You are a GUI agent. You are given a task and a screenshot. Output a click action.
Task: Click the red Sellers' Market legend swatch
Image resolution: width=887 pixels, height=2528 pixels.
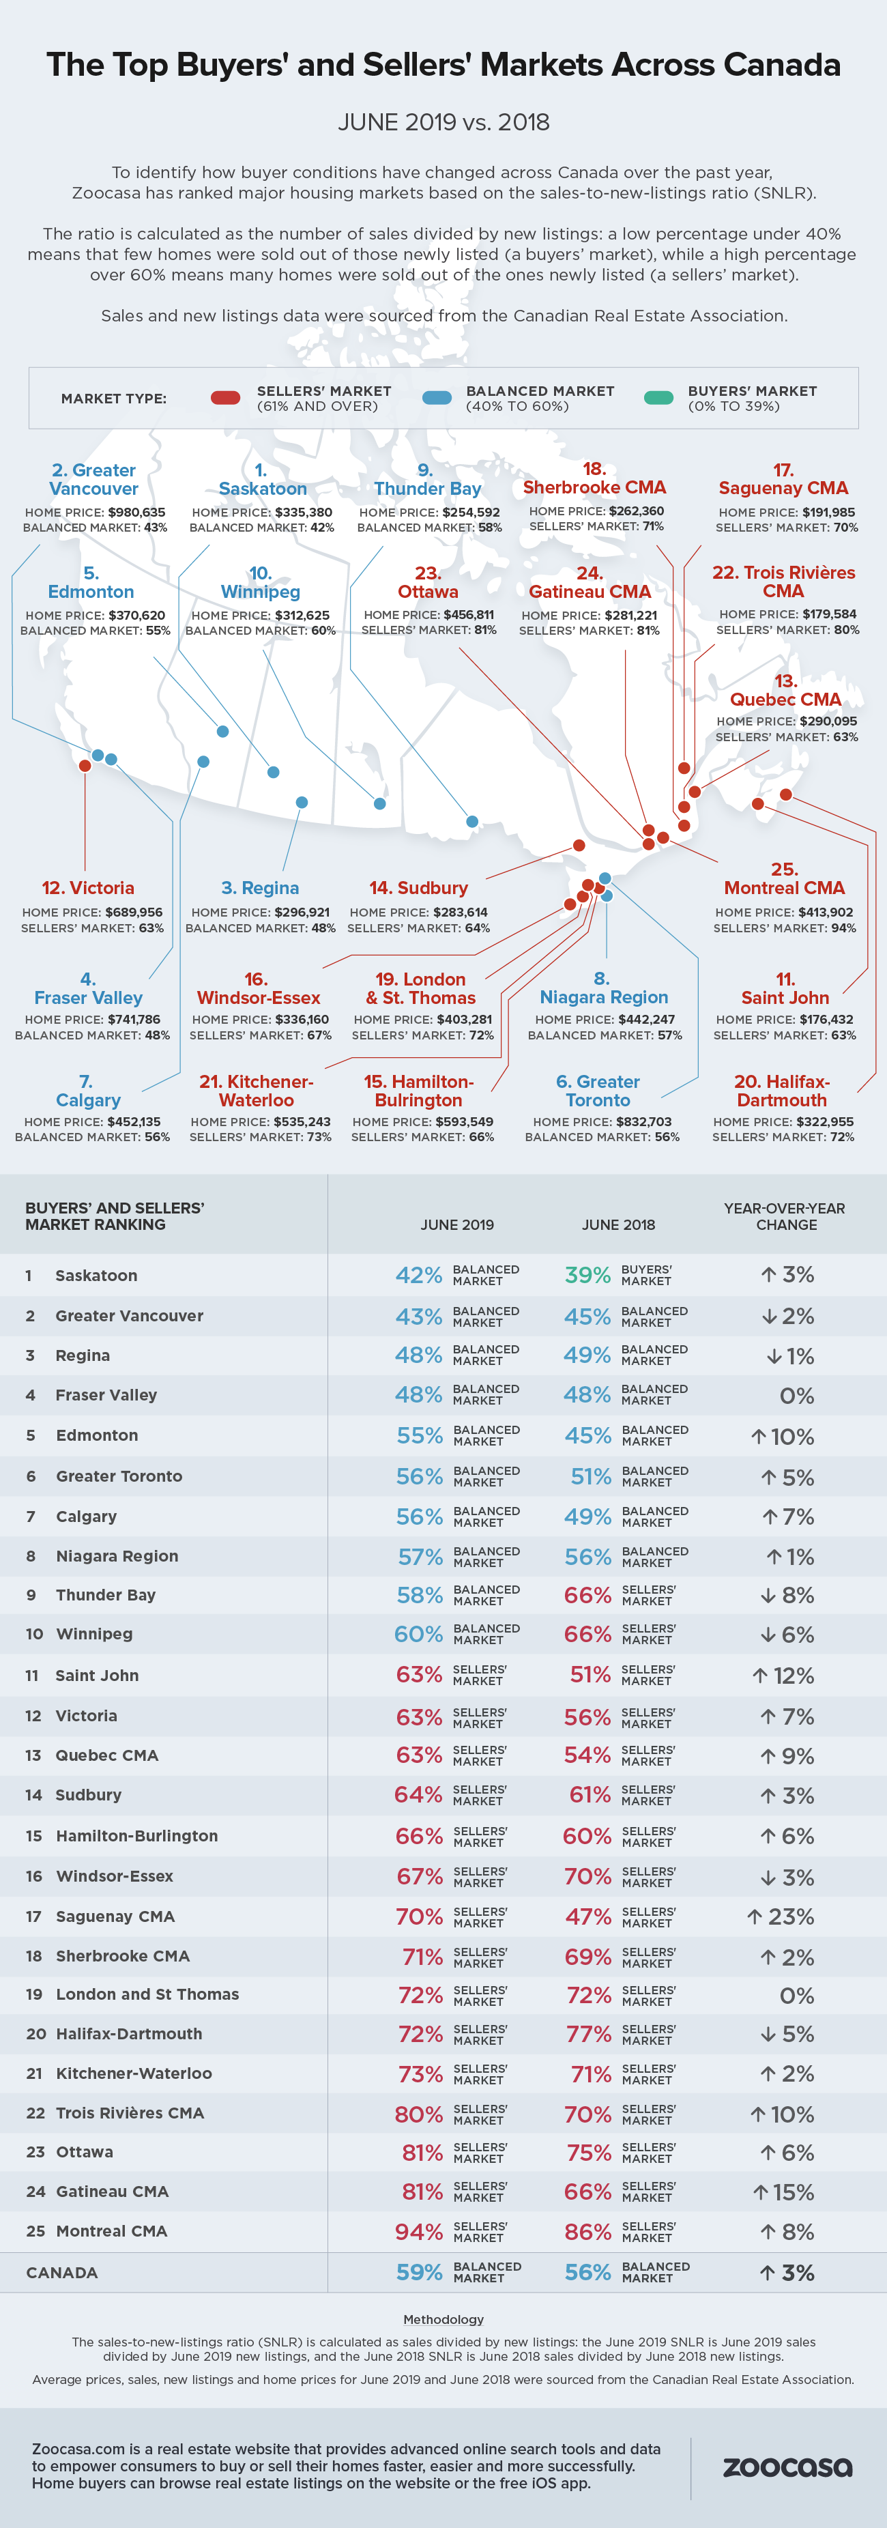click(x=226, y=397)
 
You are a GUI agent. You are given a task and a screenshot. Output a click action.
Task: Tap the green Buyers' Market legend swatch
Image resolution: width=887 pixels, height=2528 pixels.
click(x=658, y=397)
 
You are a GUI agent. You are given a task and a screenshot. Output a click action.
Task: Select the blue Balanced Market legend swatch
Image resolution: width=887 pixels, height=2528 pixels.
click(x=437, y=397)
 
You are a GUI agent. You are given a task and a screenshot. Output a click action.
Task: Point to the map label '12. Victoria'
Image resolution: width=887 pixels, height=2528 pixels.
click(x=88, y=888)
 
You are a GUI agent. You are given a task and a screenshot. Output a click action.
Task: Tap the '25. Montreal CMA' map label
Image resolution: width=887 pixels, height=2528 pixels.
click(x=784, y=878)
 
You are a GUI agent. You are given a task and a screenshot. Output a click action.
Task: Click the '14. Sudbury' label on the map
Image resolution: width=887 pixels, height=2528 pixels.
click(x=419, y=888)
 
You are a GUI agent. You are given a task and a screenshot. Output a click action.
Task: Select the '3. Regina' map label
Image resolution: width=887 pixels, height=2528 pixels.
click(x=260, y=888)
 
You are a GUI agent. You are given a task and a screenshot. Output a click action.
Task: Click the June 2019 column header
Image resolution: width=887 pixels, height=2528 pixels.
click(x=457, y=1224)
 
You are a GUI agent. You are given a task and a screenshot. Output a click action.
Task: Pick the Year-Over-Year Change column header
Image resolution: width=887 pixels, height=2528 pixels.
click(x=785, y=1216)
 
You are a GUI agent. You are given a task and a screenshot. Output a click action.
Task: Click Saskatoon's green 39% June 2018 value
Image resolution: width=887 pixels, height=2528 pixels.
click(x=587, y=1275)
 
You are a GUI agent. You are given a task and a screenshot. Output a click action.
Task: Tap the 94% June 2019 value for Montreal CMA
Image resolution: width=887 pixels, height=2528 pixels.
click(x=419, y=2232)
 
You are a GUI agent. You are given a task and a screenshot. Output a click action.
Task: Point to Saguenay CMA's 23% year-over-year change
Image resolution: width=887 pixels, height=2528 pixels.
click(x=781, y=1916)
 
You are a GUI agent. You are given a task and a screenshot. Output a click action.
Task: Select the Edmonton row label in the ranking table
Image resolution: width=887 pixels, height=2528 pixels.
click(x=97, y=1435)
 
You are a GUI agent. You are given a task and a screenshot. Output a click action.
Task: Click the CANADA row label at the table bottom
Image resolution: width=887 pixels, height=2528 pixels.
click(x=62, y=2273)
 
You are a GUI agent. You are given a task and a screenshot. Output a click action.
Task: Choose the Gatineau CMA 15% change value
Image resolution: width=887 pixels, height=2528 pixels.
click(x=784, y=2192)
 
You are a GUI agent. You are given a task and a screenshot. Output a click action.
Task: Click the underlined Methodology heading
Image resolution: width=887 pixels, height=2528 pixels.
click(x=443, y=2319)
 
